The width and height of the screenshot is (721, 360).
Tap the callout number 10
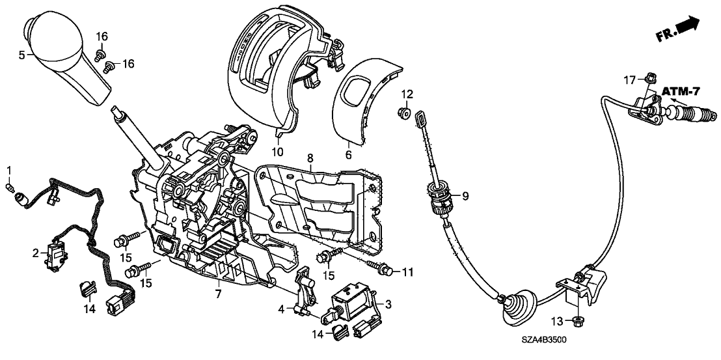pyautogui.click(x=278, y=153)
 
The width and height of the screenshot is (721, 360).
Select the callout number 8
pyautogui.click(x=310, y=158)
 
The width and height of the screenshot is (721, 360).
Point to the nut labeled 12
pyautogui.click(x=403, y=115)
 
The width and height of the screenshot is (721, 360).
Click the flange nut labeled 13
pyautogui.click(x=577, y=320)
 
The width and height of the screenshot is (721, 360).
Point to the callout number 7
pyautogui.click(x=219, y=295)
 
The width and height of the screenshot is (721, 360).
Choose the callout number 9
pyautogui.click(x=465, y=194)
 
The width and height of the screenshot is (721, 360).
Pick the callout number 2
pyautogui.click(x=36, y=251)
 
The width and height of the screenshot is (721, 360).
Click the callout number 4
pyautogui.click(x=282, y=309)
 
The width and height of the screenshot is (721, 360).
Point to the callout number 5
pyautogui.click(x=21, y=55)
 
